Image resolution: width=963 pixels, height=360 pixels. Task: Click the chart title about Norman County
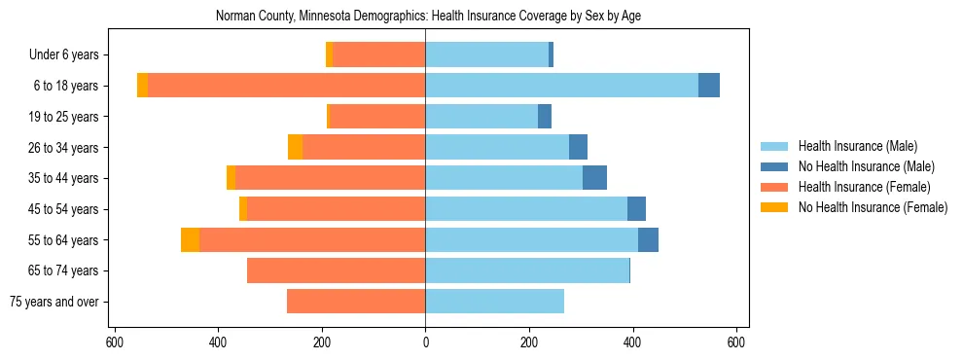pyautogui.click(x=427, y=17)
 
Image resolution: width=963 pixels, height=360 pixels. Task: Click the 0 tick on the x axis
pyautogui.click(x=425, y=342)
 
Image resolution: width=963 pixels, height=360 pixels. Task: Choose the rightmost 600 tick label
pyautogui.click(x=736, y=342)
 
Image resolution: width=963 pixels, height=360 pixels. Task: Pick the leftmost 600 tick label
pyautogui.click(x=114, y=342)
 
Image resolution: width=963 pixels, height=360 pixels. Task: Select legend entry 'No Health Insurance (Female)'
pyautogui.click(x=873, y=207)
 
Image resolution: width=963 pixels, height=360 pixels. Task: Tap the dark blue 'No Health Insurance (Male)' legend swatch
pyautogui.click(x=775, y=166)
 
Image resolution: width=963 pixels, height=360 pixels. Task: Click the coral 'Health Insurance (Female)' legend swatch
pyautogui.click(x=775, y=187)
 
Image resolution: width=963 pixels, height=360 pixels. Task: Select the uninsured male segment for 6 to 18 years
pyautogui.click(x=709, y=86)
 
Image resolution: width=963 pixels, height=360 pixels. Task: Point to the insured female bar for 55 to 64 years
pyautogui.click(x=312, y=240)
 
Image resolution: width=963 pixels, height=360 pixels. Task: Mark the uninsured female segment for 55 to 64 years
pyautogui.click(x=191, y=240)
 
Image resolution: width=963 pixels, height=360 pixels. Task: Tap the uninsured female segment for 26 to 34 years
pyautogui.click(x=295, y=148)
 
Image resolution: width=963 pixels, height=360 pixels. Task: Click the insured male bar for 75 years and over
pyautogui.click(x=494, y=302)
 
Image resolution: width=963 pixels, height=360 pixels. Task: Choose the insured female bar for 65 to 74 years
pyautogui.click(x=336, y=270)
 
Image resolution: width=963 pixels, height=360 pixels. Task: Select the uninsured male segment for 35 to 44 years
pyautogui.click(x=594, y=178)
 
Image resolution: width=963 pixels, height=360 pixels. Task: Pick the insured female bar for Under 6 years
pyautogui.click(x=378, y=55)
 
